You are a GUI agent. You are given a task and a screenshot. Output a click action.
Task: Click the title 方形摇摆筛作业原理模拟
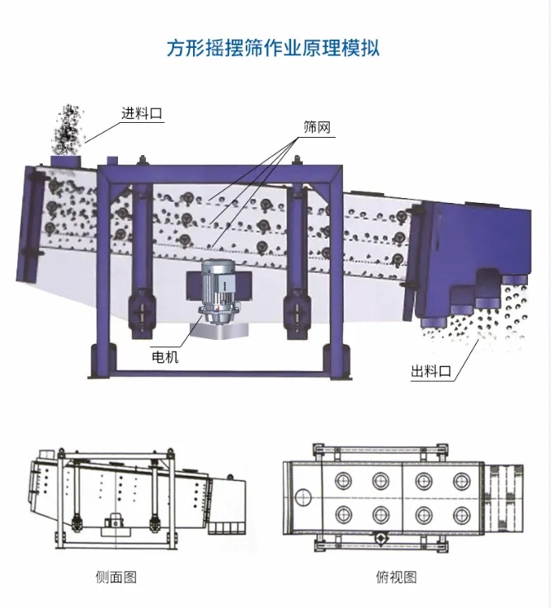tap(274, 49)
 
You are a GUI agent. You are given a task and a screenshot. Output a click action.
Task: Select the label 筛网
tap(317, 128)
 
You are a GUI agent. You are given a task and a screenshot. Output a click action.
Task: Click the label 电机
tap(164, 357)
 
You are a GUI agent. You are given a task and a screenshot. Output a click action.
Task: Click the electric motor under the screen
tap(219, 293)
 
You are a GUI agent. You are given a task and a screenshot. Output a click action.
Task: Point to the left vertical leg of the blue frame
tap(105, 272)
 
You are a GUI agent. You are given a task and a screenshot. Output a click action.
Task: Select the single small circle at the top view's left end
tap(303, 497)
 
